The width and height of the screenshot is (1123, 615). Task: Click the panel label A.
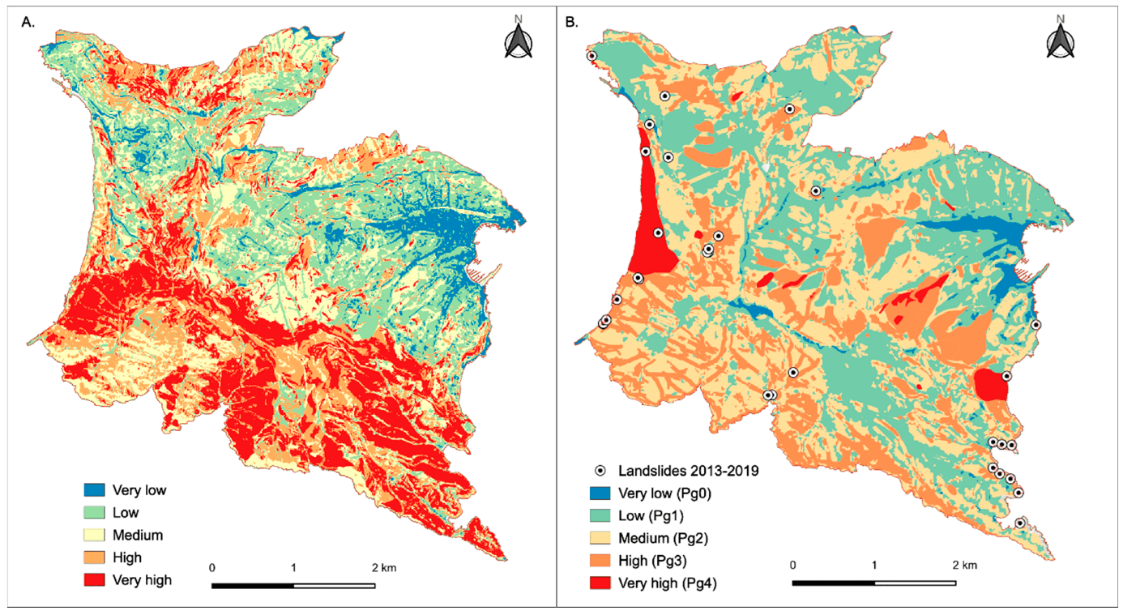(x=27, y=23)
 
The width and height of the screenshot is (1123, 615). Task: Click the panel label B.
(x=571, y=23)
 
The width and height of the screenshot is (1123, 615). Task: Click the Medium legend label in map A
(x=138, y=535)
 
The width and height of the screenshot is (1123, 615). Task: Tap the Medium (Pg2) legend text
(x=664, y=537)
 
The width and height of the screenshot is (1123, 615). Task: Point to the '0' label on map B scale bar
(x=794, y=565)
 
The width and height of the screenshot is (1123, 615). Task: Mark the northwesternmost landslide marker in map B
(x=591, y=56)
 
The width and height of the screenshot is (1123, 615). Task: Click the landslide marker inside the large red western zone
(x=658, y=233)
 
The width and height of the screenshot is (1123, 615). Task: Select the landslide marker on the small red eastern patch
(x=1006, y=376)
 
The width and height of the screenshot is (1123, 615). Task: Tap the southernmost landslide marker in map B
(x=1020, y=523)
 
